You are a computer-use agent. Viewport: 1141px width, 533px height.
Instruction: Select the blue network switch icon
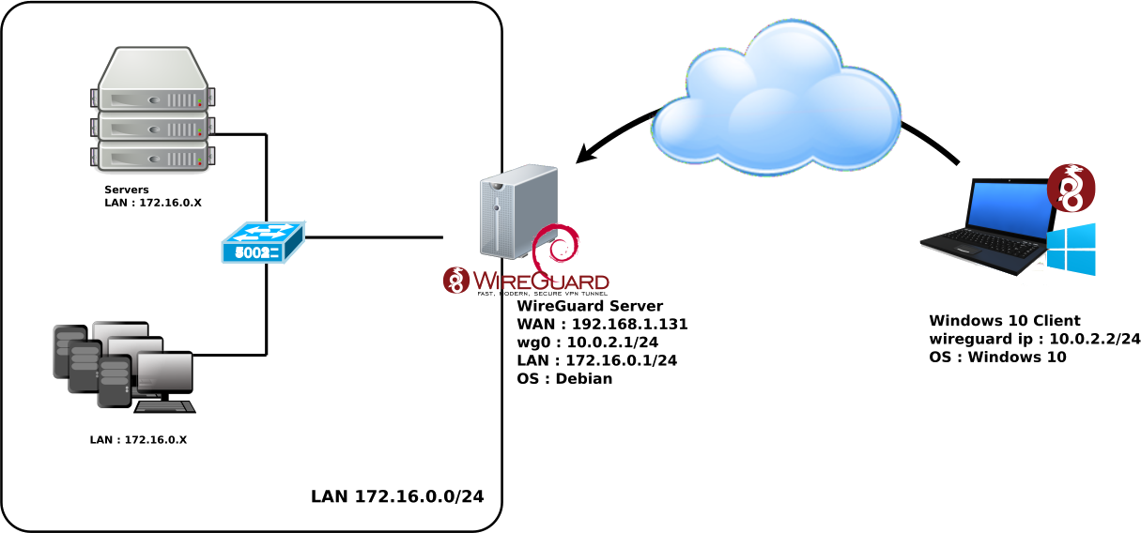click(262, 247)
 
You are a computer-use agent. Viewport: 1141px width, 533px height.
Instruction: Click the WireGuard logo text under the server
click(540, 281)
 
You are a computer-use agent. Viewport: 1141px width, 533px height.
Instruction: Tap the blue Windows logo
click(1071, 249)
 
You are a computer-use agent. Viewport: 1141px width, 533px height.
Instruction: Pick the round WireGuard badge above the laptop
click(1071, 187)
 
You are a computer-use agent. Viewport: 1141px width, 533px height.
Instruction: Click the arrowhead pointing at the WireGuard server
click(585, 154)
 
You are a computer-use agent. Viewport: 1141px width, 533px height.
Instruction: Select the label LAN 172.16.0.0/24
click(397, 496)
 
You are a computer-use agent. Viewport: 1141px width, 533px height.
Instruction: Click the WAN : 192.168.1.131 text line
click(602, 324)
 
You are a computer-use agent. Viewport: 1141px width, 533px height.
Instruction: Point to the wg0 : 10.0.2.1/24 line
click(589, 342)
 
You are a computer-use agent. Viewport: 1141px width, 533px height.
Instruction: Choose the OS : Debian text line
click(564, 378)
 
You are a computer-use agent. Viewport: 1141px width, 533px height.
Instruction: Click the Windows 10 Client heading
click(1005, 321)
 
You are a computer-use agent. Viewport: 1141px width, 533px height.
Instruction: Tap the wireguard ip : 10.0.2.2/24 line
click(1033, 339)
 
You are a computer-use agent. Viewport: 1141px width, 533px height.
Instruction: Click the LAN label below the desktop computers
click(138, 439)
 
